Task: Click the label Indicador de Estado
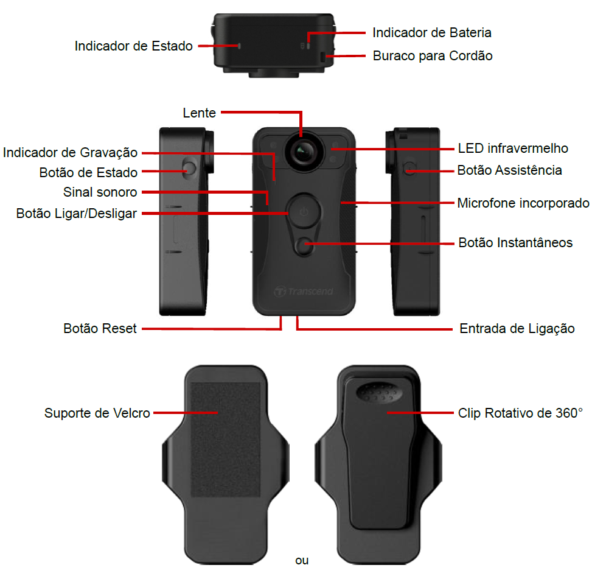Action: click(x=134, y=46)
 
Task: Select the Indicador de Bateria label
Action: click(x=432, y=33)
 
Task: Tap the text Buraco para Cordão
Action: click(x=433, y=56)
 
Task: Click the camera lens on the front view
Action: click(x=304, y=152)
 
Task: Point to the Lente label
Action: click(x=200, y=113)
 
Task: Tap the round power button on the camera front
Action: click(x=304, y=211)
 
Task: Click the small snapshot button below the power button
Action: click(x=304, y=247)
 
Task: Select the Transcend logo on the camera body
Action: click(x=304, y=291)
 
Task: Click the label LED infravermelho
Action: click(x=513, y=149)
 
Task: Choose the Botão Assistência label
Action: click(x=509, y=170)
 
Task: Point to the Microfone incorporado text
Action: click(x=523, y=203)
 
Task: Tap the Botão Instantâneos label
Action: click(x=515, y=243)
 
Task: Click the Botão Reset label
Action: click(x=100, y=329)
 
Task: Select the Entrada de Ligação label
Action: click(x=517, y=329)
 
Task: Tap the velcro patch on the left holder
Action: click(x=225, y=440)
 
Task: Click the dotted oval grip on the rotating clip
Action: click(x=378, y=393)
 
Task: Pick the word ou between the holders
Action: click(x=302, y=561)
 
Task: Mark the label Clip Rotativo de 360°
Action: click(x=520, y=413)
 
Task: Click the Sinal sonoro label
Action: click(x=100, y=192)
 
